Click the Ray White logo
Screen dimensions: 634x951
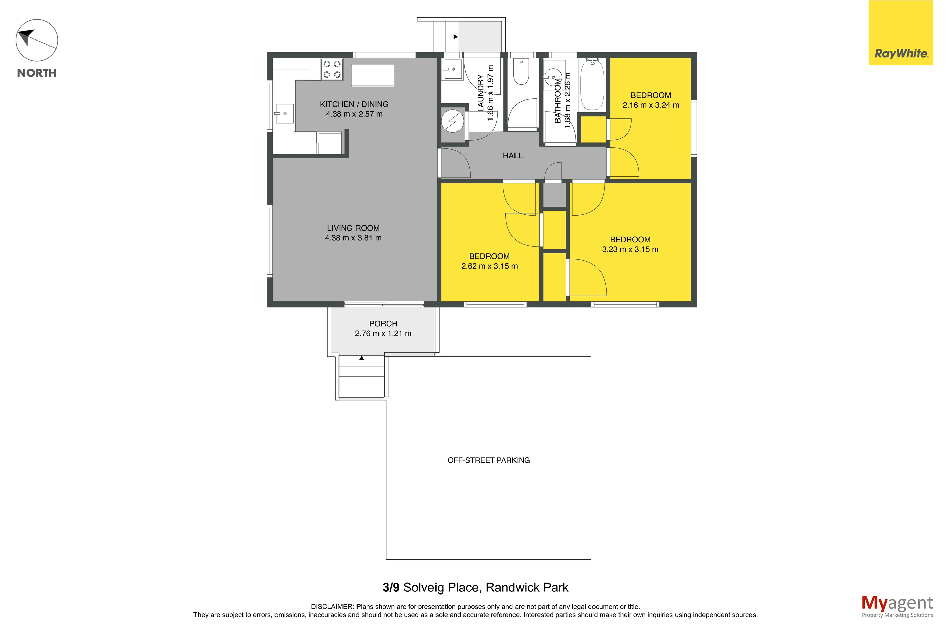tap(900, 33)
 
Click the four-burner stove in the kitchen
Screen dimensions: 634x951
tap(332, 69)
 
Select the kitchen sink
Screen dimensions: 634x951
tap(284, 113)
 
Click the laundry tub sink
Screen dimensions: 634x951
tap(452, 70)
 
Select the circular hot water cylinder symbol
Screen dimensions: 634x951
tap(452, 121)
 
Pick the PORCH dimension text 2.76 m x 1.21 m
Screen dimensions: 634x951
tap(383, 334)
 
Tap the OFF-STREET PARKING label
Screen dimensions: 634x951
tap(488, 460)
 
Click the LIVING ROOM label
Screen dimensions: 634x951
tap(353, 228)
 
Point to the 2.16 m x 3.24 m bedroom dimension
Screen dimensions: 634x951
tap(651, 105)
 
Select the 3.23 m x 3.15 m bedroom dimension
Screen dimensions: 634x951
tap(630, 249)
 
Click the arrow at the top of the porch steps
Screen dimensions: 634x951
tap(362, 358)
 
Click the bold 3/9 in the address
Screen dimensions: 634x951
tap(391, 587)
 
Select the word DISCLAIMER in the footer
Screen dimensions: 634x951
tap(332, 607)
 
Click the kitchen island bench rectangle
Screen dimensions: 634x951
tap(372, 75)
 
